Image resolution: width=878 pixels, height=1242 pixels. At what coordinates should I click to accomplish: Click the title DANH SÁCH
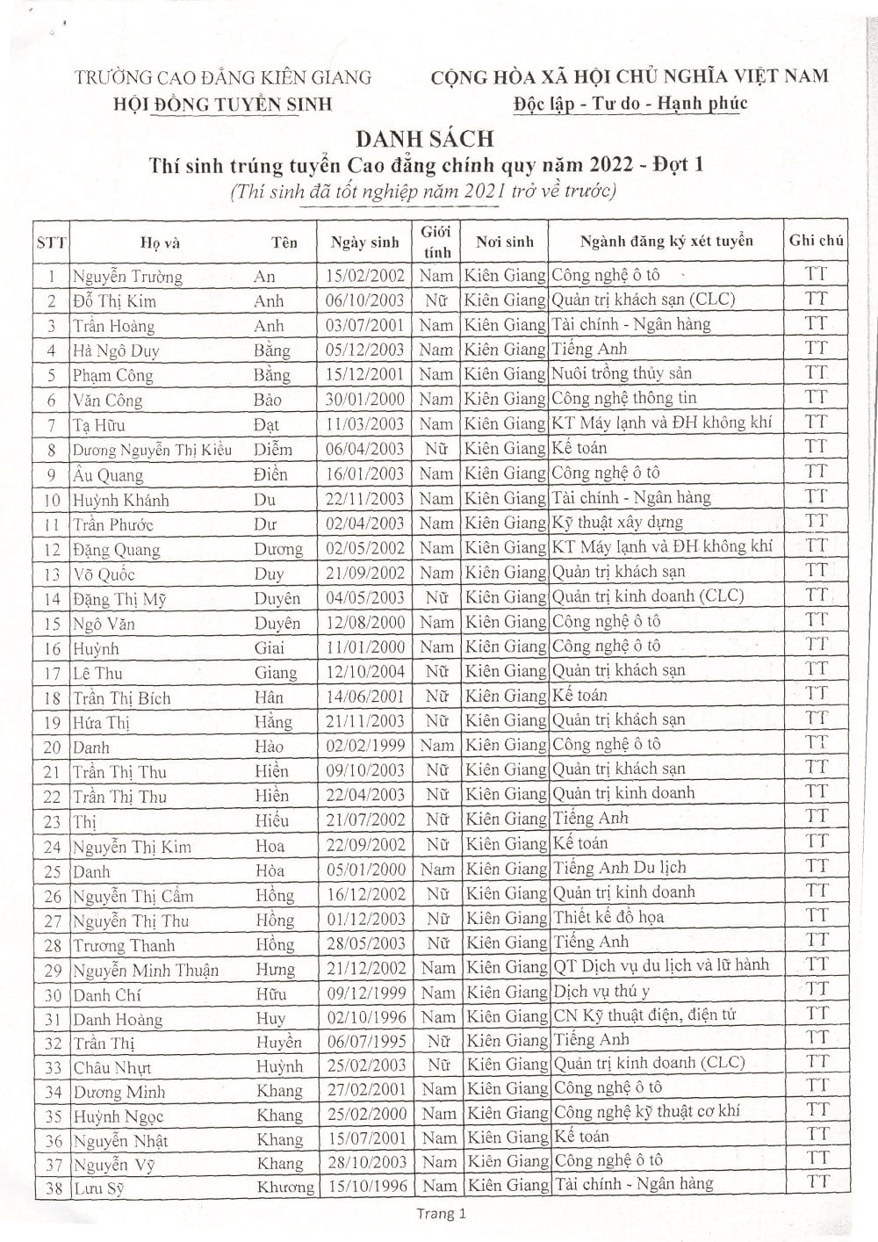[x=426, y=138]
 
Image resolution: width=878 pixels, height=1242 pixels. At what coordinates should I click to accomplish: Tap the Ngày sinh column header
[x=365, y=242]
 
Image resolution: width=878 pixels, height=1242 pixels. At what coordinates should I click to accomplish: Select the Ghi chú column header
[x=817, y=240]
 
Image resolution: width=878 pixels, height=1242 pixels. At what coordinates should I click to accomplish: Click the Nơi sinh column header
[x=505, y=241]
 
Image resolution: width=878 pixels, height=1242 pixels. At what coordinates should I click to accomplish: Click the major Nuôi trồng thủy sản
[x=622, y=373]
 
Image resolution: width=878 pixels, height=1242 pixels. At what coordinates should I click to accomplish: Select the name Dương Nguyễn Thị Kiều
[x=152, y=450]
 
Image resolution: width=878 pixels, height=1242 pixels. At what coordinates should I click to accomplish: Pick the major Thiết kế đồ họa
[x=608, y=917]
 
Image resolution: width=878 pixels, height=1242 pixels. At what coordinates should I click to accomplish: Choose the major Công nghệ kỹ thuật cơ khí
[x=646, y=1110]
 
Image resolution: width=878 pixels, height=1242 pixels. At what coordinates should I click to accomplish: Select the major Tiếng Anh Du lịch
[x=619, y=868]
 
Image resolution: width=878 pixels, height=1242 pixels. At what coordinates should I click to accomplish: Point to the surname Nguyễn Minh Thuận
[x=146, y=971]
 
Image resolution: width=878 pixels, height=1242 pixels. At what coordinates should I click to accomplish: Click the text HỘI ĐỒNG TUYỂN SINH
[x=224, y=104]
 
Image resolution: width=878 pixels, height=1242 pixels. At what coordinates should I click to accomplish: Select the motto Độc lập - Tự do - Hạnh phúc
[x=630, y=103]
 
